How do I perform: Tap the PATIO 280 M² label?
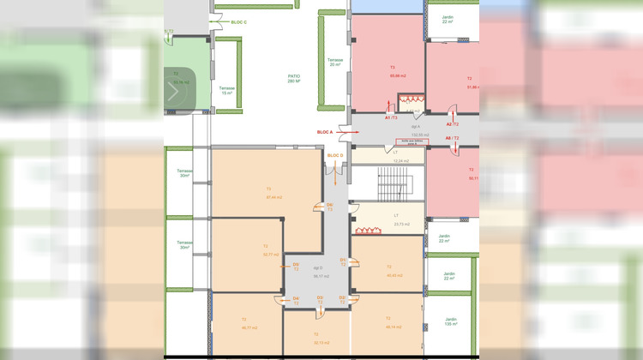point(294,79)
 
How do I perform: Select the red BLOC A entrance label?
point(325,132)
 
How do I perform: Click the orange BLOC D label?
point(335,155)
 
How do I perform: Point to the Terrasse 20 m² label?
point(334,62)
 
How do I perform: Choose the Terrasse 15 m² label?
point(226,90)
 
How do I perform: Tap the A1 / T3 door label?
point(390,117)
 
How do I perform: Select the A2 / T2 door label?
point(452,124)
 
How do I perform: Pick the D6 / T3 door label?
point(329,207)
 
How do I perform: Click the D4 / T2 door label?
point(296,300)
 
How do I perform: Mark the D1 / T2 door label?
point(343,261)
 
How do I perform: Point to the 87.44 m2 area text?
point(274,197)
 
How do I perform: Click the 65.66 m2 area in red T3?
point(397,75)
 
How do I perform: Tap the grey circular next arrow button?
point(177,92)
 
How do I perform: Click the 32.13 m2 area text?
point(321,342)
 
